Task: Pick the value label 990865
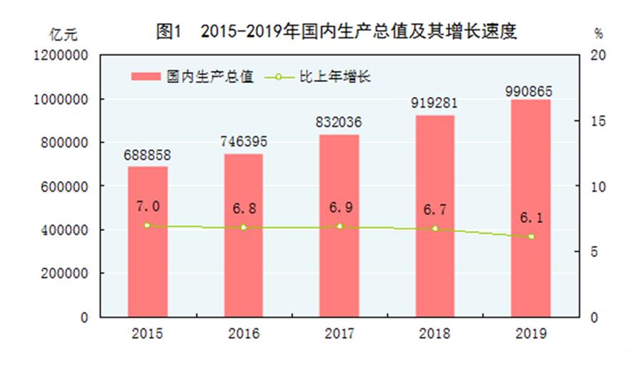pyautogui.click(x=531, y=89)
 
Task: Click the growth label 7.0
pyautogui.click(x=147, y=207)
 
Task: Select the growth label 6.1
pyautogui.click(x=531, y=217)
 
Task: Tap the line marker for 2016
pyautogui.click(x=243, y=227)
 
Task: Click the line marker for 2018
pyautogui.click(x=434, y=229)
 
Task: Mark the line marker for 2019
pyautogui.click(x=531, y=237)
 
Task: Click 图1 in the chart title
pyautogui.click(x=170, y=31)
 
